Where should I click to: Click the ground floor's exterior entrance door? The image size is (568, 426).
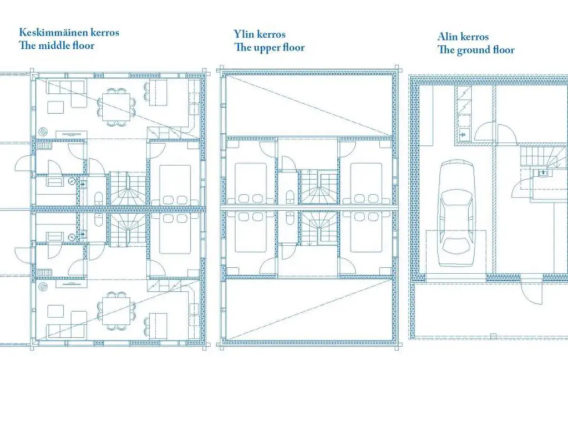tap(532, 290)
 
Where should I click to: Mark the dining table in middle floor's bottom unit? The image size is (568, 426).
tap(116, 311)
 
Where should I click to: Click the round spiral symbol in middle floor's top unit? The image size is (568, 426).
tap(43, 131)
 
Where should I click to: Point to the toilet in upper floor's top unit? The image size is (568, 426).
tap(290, 198)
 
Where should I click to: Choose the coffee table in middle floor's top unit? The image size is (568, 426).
tap(56, 107)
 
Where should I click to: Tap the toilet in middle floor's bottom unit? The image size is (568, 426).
tap(98, 220)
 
